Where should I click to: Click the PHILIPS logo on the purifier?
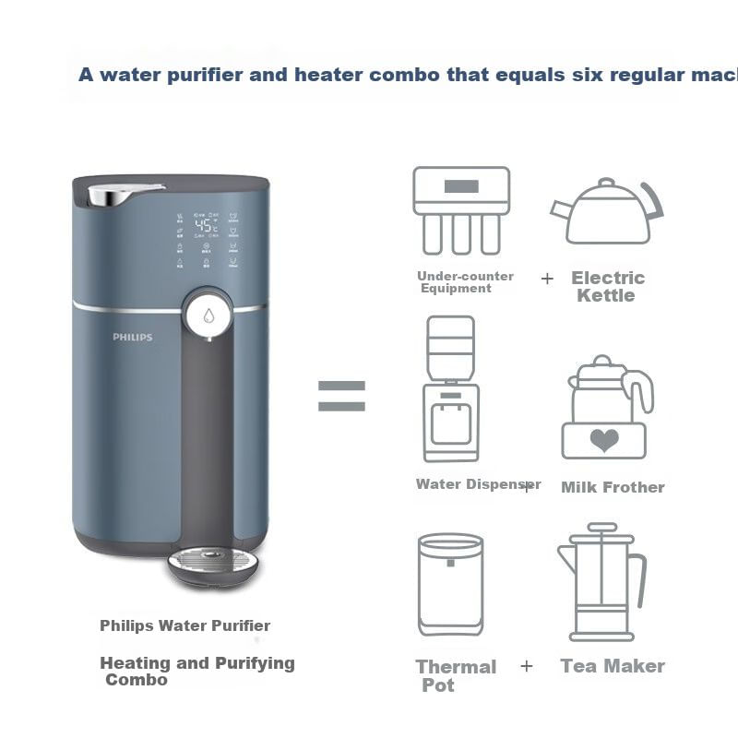(x=133, y=338)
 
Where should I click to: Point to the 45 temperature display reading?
(x=205, y=225)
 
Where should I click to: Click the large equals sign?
(x=341, y=397)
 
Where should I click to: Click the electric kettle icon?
(x=607, y=212)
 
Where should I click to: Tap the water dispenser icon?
(x=450, y=389)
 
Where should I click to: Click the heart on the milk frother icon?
(x=604, y=439)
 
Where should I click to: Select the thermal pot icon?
(x=450, y=584)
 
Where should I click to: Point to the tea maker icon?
(x=601, y=581)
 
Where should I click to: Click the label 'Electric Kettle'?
(x=607, y=286)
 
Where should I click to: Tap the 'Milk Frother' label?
(x=613, y=487)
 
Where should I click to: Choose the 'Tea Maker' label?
(x=613, y=665)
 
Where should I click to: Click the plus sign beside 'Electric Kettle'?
(x=548, y=278)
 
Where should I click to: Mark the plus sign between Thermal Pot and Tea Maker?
(x=527, y=665)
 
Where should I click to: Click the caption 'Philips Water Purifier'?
(x=185, y=625)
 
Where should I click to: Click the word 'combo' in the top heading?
(x=402, y=75)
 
